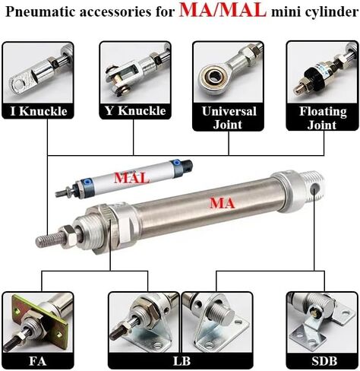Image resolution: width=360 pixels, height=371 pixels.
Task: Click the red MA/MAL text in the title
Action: (x=223, y=11)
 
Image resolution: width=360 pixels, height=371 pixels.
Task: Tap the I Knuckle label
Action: (x=38, y=111)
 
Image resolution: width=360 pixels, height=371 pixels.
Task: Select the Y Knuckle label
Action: (x=135, y=111)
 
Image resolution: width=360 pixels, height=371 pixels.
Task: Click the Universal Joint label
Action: (x=229, y=118)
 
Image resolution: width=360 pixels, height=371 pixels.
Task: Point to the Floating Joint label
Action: (x=323, y=118)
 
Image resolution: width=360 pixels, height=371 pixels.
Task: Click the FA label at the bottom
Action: (x=38, y=361)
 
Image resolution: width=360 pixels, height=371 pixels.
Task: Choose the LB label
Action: (x=182, y=361)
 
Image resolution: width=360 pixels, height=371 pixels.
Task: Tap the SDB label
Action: (x=324, y=361)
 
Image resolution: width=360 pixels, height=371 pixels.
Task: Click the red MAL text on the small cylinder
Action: (x=131, y=178)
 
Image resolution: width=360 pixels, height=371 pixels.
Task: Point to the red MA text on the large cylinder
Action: (x=222, y=203)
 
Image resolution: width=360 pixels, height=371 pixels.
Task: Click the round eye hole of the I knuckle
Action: (x=17, y=84)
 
